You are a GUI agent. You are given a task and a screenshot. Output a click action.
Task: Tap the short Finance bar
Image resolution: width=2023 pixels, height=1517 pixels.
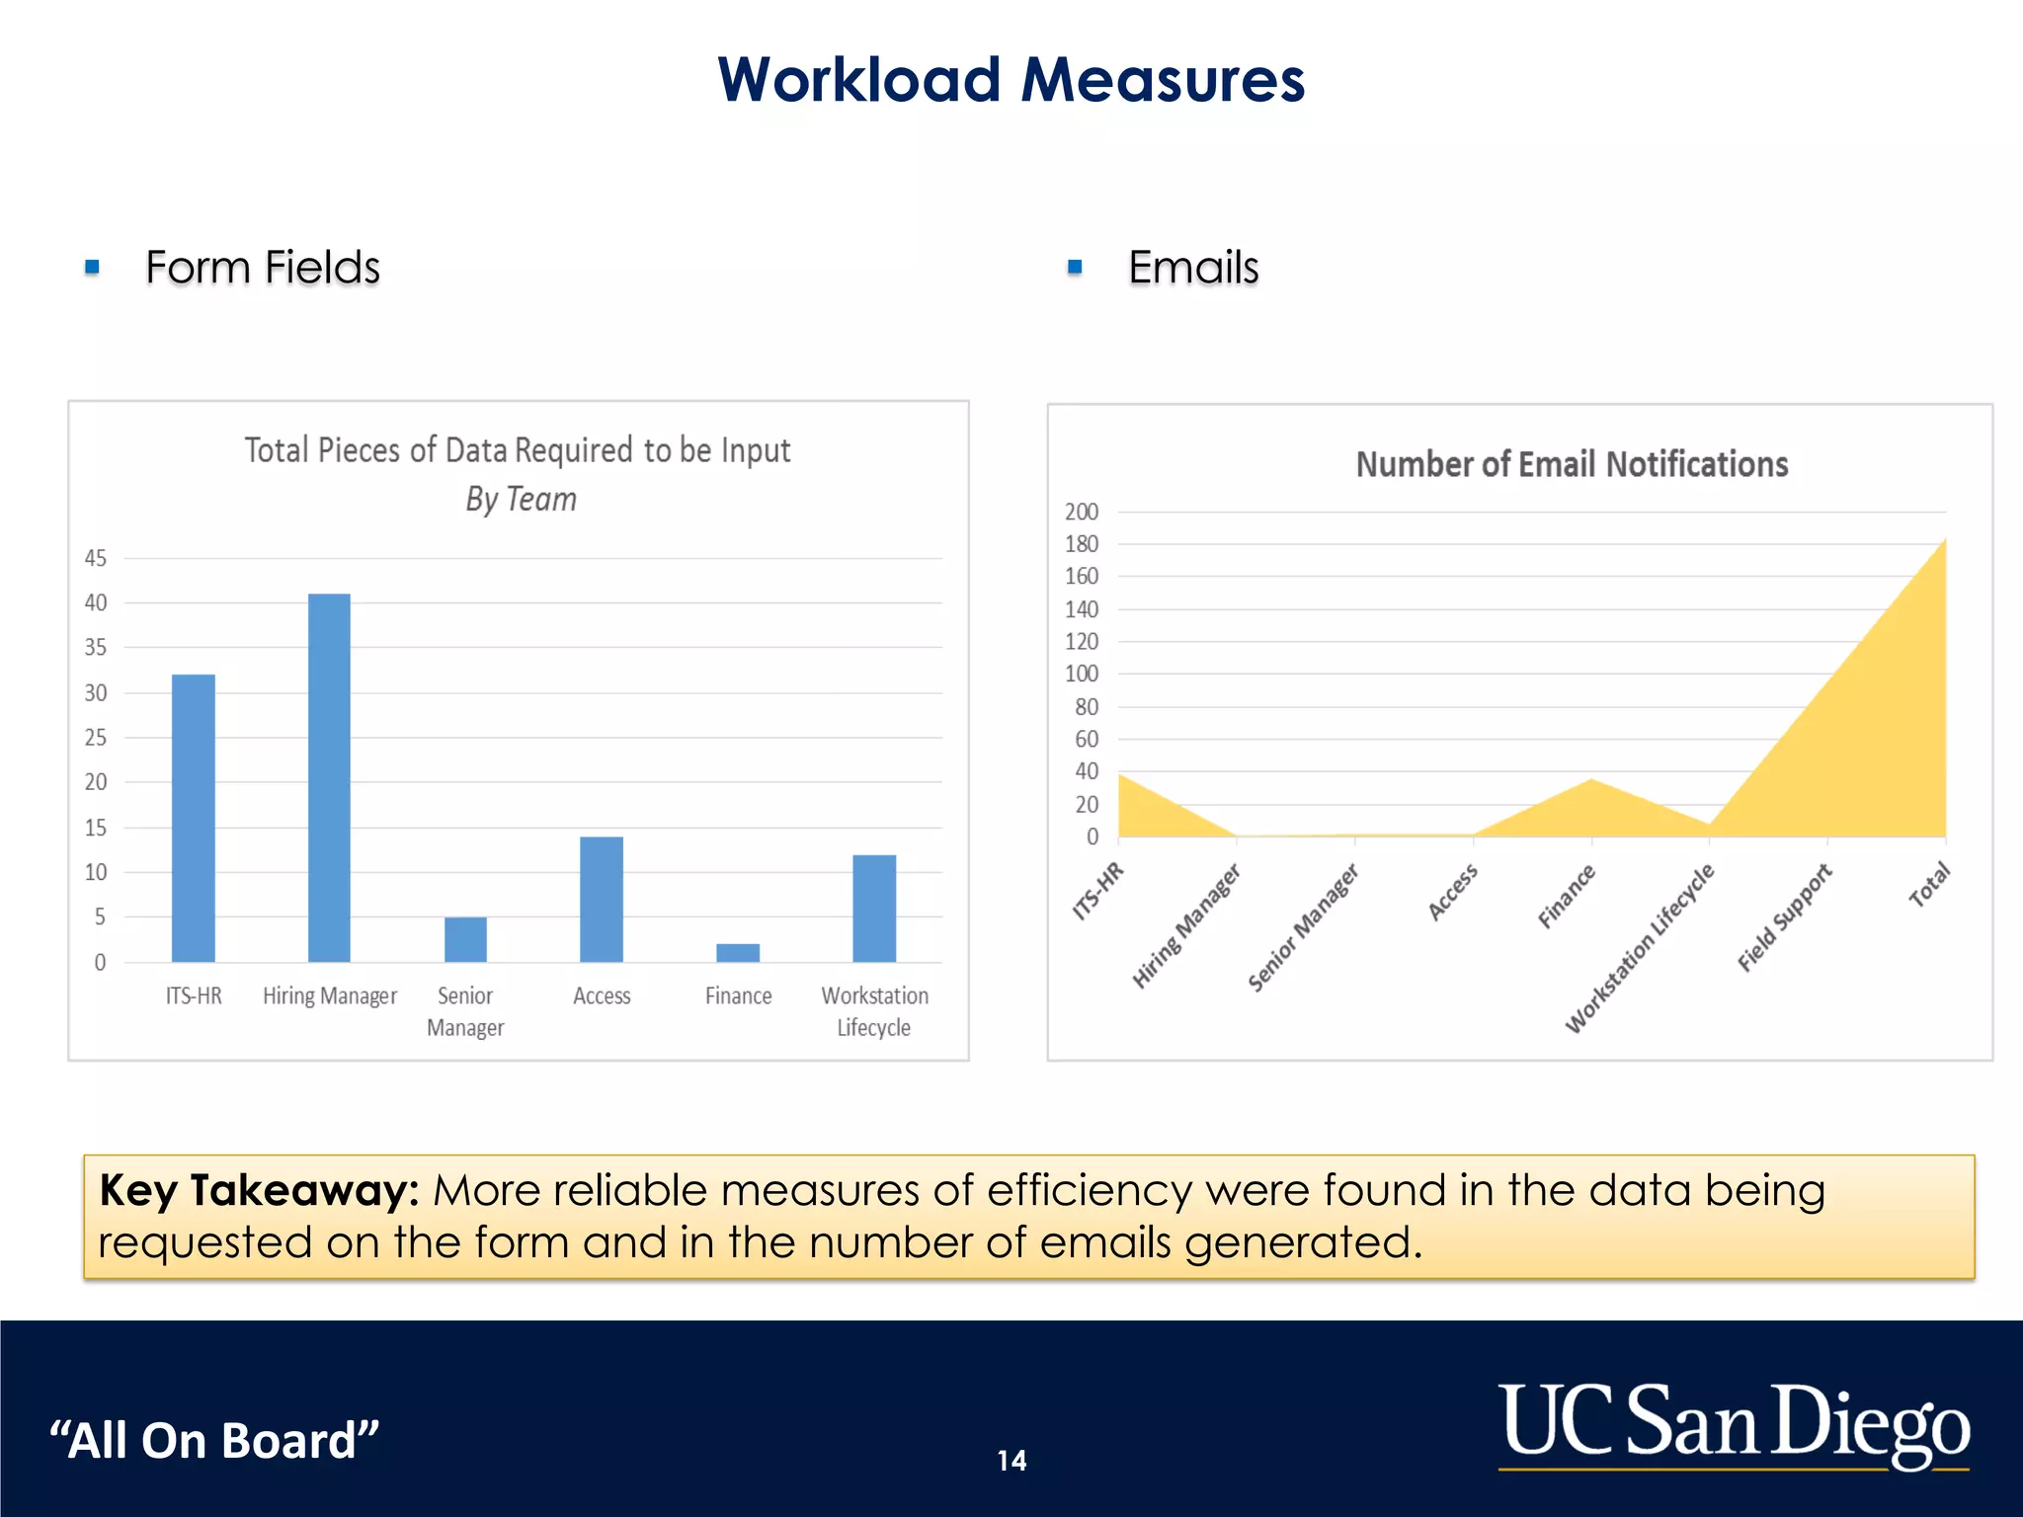point(738,952)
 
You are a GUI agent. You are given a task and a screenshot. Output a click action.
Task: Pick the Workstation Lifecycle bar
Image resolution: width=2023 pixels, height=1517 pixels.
point(874,908)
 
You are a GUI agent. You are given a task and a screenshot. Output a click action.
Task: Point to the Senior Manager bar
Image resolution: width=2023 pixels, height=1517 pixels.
point(465,939)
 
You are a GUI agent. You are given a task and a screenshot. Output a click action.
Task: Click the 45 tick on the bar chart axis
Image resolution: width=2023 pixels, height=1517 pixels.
point(96,558)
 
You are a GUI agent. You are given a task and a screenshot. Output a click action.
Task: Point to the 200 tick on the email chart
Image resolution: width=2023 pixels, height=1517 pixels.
point(1081,512)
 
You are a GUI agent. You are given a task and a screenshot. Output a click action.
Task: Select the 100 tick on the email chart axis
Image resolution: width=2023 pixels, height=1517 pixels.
point(1081,674)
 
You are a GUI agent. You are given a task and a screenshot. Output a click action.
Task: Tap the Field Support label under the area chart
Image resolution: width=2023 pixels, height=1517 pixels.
point(1784,918)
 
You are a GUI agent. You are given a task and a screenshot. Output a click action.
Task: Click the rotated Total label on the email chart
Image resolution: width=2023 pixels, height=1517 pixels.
point(1928,885)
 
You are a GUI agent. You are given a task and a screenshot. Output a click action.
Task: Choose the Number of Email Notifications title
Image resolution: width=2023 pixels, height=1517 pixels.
point(1572,464)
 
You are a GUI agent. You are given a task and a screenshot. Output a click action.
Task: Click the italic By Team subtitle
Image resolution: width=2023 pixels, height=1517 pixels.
point(521,499)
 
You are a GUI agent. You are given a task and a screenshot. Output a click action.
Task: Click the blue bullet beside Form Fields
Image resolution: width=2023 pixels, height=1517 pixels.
point(93,267)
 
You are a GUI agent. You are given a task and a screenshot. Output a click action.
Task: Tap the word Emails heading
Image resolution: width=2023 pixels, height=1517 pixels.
point(1193,268)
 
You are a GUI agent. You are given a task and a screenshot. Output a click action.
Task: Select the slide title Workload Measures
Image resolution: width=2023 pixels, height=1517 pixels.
point(1011,79)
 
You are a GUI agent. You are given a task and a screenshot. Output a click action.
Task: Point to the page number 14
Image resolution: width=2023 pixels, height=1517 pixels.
point(1011,1460)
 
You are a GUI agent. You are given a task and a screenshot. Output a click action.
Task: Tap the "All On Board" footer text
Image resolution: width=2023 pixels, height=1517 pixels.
point(214,1440)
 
